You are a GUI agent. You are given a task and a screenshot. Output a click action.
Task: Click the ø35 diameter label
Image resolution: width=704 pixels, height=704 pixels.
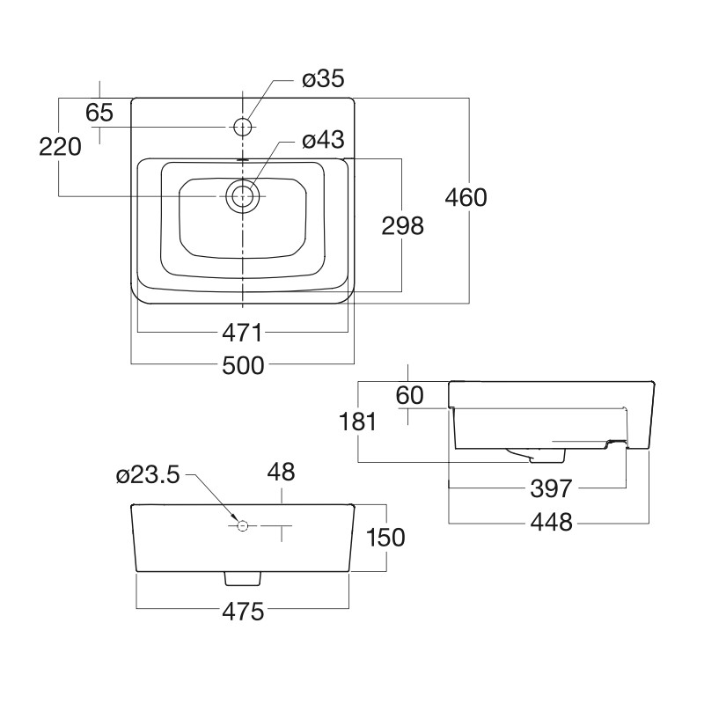(322, 80)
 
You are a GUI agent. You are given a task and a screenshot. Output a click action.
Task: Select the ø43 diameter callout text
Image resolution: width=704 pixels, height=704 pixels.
(322, 140)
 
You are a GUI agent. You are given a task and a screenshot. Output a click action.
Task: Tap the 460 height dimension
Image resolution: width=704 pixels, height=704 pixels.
(466, 197)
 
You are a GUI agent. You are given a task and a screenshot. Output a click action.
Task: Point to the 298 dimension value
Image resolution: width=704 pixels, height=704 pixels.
(402, 226)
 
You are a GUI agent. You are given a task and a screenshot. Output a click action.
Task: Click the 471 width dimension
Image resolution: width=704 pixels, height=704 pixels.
(240, 333)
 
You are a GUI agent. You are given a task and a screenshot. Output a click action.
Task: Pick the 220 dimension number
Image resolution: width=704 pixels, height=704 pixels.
(60, 146)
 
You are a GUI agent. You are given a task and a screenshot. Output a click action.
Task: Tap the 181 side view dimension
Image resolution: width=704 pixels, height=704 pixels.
(358, 422)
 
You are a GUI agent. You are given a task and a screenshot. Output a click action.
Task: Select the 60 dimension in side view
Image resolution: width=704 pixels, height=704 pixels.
(409, 396)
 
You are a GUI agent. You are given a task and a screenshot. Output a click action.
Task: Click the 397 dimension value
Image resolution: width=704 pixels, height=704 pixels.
(552, 488)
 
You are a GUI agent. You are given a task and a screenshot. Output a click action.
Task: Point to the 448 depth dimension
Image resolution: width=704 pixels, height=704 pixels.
(552, 523)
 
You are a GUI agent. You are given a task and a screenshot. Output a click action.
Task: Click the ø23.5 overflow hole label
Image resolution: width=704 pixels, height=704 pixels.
(147, 475)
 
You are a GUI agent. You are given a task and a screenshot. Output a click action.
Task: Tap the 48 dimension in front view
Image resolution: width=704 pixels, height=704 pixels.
(281, 473)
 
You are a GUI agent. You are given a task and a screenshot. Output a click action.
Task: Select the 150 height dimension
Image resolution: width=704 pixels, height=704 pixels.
(386, 537)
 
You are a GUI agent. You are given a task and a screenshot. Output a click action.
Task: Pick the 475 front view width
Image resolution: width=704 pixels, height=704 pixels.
(242, 612)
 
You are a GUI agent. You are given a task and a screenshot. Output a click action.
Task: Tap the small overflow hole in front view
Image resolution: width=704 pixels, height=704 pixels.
(244, 526)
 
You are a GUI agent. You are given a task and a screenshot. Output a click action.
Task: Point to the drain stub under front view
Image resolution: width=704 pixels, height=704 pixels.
(244, 578)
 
